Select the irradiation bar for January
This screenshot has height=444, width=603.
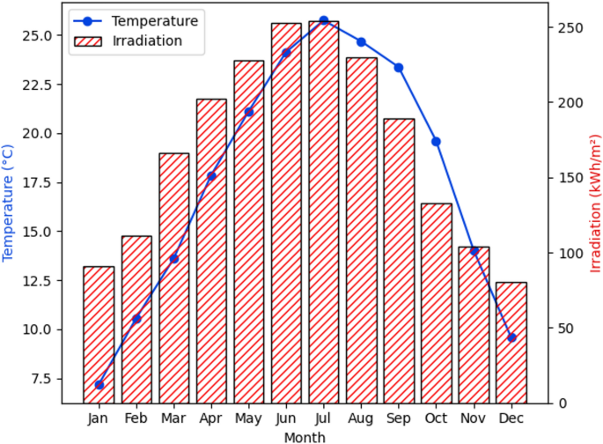pos(99,335)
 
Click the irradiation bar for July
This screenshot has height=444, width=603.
pos(323,212)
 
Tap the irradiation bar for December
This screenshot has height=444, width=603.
pos(511,343)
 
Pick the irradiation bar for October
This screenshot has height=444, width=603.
pos(437,303)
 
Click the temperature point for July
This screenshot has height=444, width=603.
pos(323,20)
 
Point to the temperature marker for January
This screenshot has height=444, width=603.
pos(99,385)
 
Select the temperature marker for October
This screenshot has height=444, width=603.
pos(437,142)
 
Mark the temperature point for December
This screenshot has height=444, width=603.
pos(511,337)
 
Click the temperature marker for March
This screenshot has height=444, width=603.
pos(173,258)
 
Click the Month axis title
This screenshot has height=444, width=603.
pos(305,437)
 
